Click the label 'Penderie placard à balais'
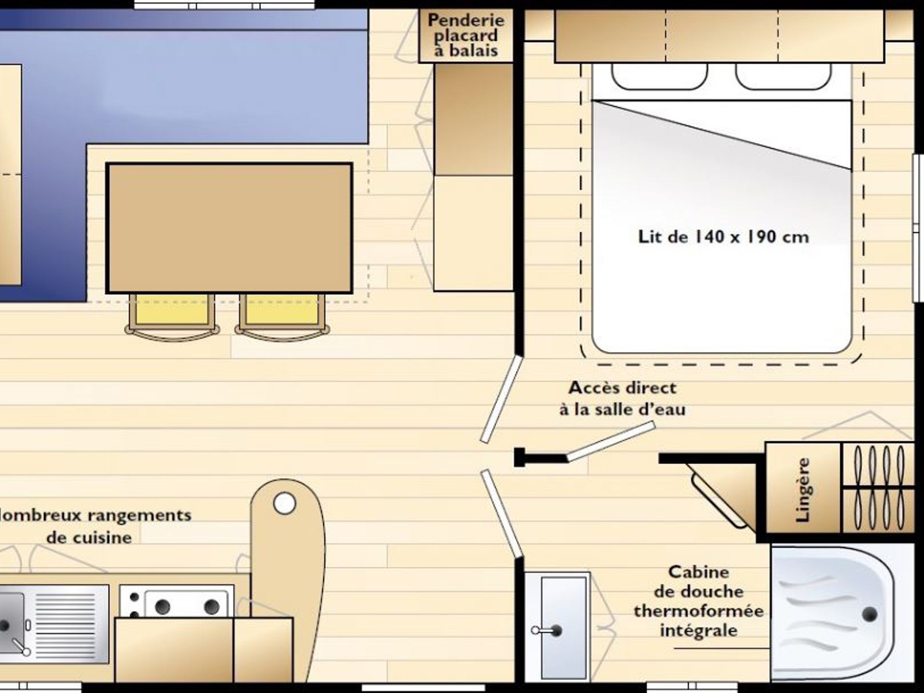click(466, 35)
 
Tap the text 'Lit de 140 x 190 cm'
click(723, 237)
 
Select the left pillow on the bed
click(659, 76)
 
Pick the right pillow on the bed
click(783, 76)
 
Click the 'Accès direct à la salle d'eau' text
click(622, 398)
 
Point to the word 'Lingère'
click(803, 490)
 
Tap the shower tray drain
click(870, 615)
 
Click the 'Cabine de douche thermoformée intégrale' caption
click(699, 601)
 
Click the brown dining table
click(229, 228)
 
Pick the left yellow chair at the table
click(172, 315)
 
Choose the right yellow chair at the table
click(282, 315)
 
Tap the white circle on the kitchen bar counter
click(284, 503)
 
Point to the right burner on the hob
click(211, 607)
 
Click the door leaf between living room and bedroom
click(501, 399)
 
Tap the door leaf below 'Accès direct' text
click(611, 441)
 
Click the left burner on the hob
click(162, 607)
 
